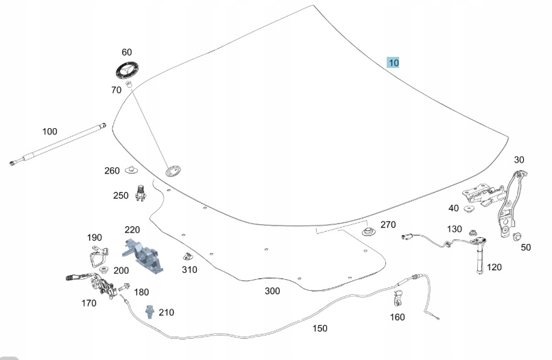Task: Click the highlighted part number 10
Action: coord(393,63)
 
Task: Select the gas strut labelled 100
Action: coord(58,145)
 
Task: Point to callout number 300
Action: coord(272,291)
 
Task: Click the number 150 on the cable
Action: coord(320,328)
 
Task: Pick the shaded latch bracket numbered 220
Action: coord(145,254)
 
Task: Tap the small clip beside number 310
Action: coord(184,256)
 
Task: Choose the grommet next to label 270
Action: coord(368,230)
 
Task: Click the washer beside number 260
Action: coord(132,170)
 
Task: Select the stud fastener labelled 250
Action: coord(142,193)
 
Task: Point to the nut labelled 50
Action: coord(516,238)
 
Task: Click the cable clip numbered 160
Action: coord(397,300)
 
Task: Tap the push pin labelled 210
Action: coord(148,312)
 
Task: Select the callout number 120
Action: coord(494,267)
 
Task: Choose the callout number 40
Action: coord(453,208)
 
